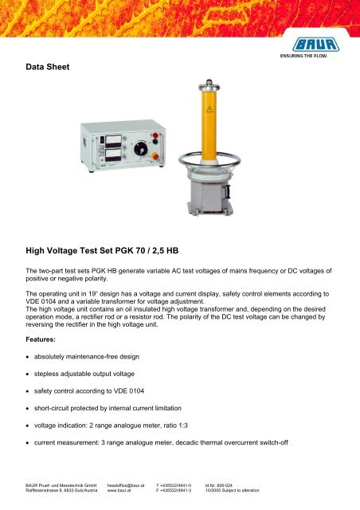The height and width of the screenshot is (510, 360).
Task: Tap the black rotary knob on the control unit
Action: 141,148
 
